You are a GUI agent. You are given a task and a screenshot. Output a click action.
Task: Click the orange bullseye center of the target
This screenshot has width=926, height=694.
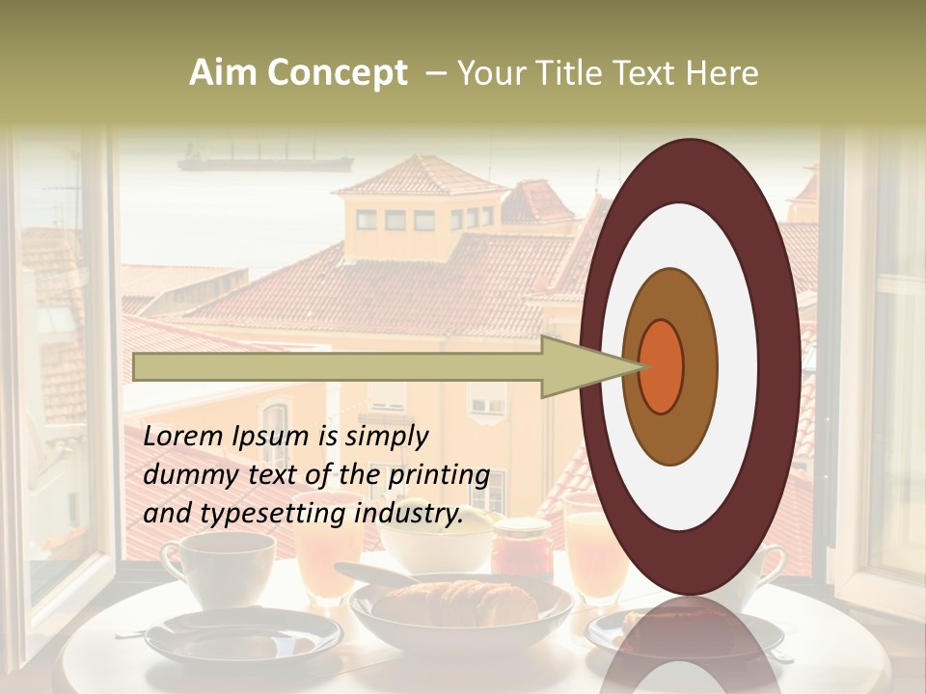tap(661, 366)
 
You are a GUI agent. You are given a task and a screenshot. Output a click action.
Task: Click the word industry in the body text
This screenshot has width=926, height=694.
tap(406, 514)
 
